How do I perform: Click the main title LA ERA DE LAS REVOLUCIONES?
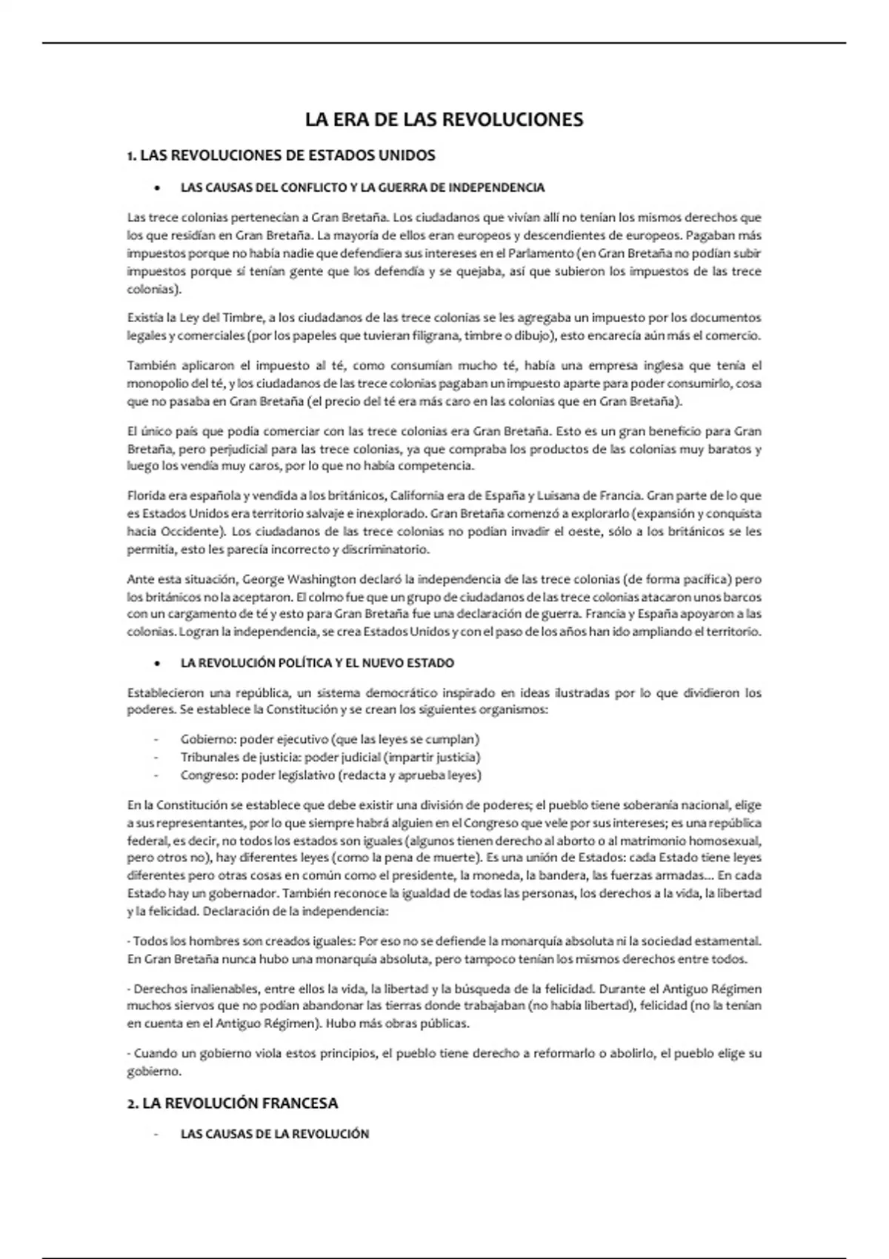444,119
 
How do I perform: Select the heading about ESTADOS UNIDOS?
282,156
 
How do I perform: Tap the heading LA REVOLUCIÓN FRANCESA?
232,1103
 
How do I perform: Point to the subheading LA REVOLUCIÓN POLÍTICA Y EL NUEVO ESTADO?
317,663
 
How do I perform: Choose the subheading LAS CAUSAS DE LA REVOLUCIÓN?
274,1134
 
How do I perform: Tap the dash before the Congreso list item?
156,775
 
